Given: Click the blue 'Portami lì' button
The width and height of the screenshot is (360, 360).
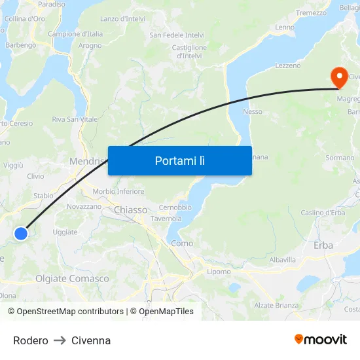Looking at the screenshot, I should [x=179, y=160].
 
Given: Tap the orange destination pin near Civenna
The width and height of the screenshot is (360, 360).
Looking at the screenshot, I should [x=339, y=77].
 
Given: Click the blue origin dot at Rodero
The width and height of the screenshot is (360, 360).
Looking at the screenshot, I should [x=21, y=233].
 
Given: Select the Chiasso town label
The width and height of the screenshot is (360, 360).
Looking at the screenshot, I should [x=130, y=209].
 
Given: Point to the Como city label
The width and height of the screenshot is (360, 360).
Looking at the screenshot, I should [x=182, y=243].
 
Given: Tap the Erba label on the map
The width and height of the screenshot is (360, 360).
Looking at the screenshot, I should [x=323, y=245].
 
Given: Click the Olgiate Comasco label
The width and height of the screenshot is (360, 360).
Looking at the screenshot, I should [x=72, y=279].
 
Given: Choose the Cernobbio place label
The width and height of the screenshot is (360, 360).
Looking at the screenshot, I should [x=175, y=207].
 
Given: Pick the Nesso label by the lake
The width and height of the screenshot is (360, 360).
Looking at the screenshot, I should [x=253, y=112].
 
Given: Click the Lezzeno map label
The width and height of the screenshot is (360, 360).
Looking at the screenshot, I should [x=288, y=66].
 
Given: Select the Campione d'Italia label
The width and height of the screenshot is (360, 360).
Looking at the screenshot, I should [x=75, y=33].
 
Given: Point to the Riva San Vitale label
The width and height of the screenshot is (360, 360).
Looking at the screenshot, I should [x=75, y=119].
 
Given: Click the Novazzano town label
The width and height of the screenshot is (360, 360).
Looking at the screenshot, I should [x=84, y=206].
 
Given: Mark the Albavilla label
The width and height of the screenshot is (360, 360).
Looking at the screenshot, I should [x=283, y=259].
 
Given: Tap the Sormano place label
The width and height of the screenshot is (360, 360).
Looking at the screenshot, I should [x=340, y=158].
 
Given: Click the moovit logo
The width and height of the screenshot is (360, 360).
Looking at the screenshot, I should [x=320, y=339].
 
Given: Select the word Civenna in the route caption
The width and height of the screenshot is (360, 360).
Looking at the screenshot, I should [x=91, y=340].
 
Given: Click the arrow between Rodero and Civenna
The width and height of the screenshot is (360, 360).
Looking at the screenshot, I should [x=60, y=340].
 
